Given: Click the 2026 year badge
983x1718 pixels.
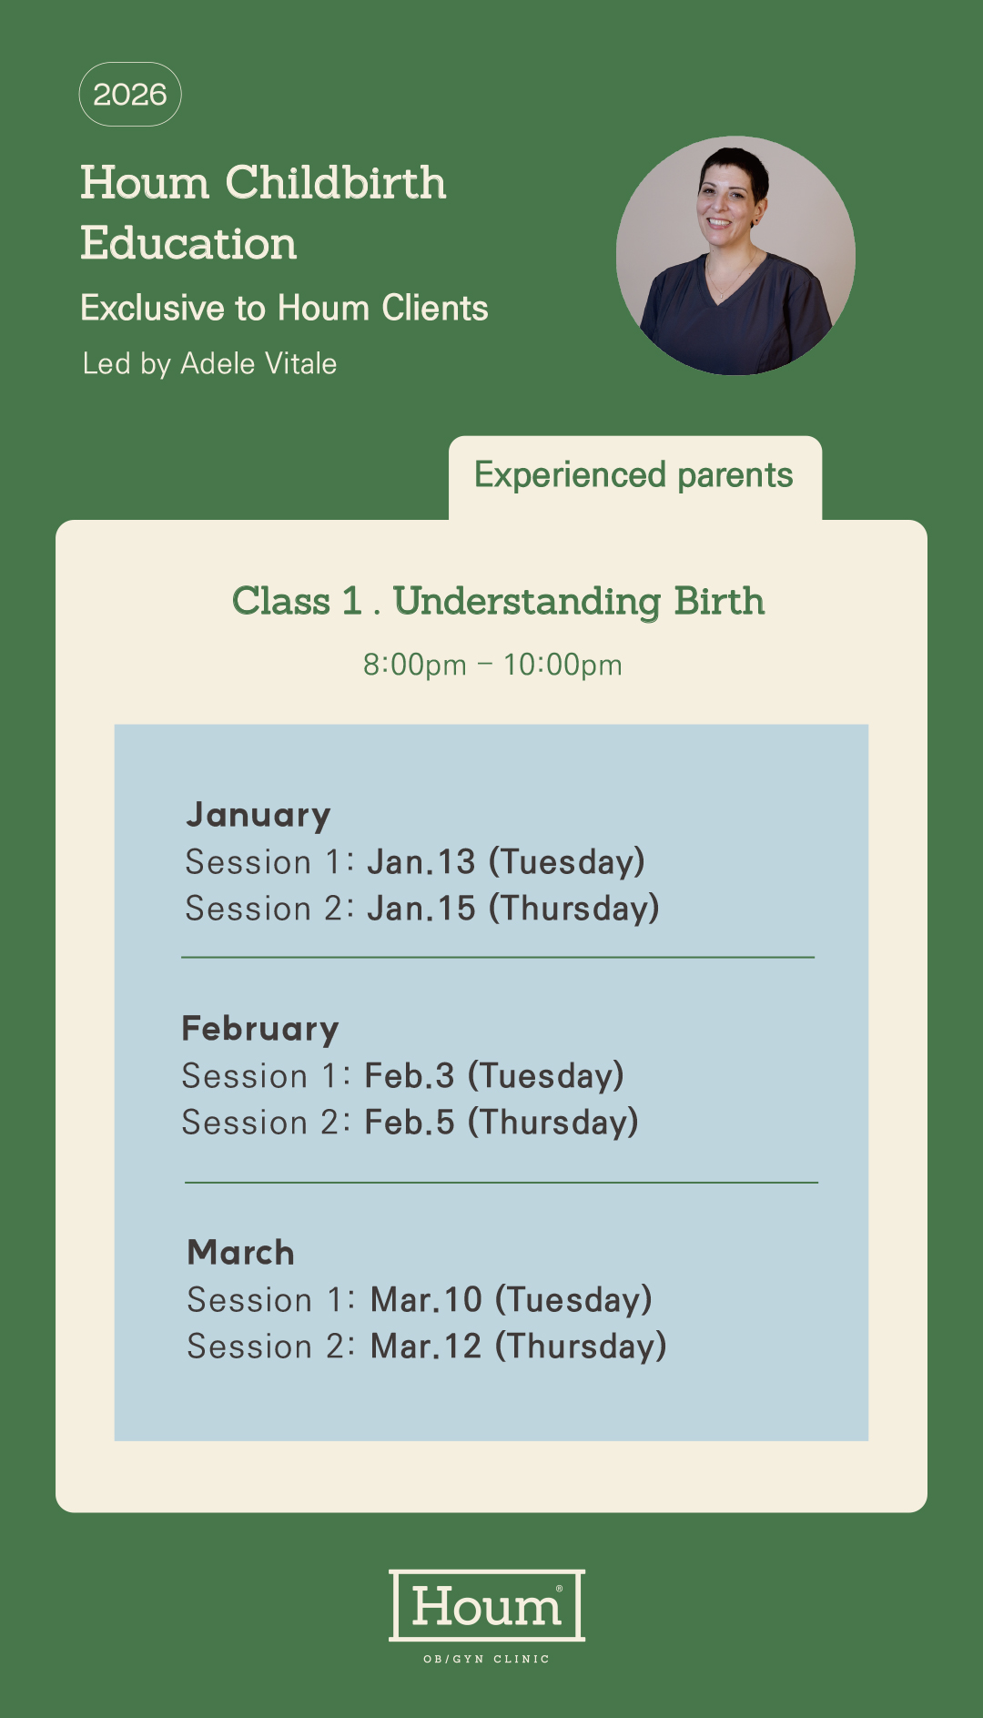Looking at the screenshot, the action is [130, 94].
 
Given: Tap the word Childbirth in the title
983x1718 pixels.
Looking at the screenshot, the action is [336, 182].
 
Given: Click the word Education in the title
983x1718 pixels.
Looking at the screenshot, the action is [188, 243].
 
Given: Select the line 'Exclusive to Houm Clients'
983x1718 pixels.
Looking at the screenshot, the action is [284, 308].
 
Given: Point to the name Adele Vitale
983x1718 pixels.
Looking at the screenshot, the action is [258, 363].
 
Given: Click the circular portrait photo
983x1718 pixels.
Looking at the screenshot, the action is [735, 256].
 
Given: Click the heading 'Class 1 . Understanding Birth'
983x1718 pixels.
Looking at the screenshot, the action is [498, 602].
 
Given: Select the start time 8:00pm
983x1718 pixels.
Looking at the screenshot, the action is [415, 665].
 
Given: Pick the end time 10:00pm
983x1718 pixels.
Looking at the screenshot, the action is [562, 665].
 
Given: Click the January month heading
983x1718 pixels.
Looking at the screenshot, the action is [258, 815].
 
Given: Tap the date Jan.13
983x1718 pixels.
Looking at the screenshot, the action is [421, 861].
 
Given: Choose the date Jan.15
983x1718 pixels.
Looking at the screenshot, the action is [421, 908].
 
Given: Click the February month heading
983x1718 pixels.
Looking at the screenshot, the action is [260, 1028].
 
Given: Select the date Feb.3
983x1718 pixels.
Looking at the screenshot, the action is [410, 1075].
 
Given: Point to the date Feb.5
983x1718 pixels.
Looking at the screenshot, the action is [410, 1122].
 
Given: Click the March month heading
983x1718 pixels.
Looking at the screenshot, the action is [241, 1253].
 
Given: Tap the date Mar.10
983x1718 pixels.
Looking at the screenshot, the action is [426, 1299].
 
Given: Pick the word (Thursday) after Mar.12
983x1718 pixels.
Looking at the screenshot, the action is [581, 1347].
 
